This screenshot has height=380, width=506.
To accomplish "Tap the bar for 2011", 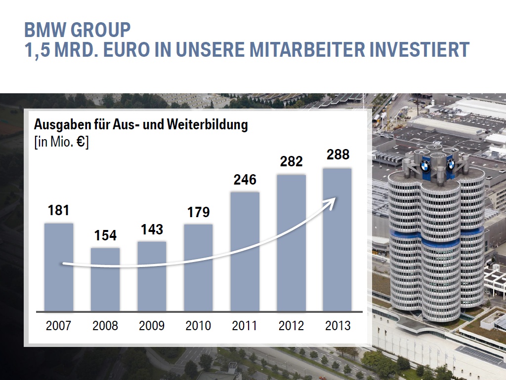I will tap(245, 252).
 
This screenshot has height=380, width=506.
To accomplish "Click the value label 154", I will tap(105, 235).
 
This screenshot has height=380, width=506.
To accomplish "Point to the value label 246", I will tap(245, 179).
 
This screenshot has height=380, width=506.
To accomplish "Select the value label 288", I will tap(338, 154).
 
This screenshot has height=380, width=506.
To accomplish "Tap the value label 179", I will tap(198, 212).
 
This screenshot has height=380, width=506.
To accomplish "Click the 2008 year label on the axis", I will tap(105, 326).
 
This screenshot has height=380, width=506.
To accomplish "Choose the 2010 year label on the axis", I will tap(198, 326).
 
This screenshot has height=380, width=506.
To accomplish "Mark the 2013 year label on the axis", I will tap(338, 326).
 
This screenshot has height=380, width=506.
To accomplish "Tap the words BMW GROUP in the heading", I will tap(77, 30).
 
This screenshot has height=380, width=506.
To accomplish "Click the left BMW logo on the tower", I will tap(425, 165).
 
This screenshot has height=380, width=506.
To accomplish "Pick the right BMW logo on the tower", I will tap(451, 164).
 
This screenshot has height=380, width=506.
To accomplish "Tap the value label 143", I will tap(152, 229).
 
